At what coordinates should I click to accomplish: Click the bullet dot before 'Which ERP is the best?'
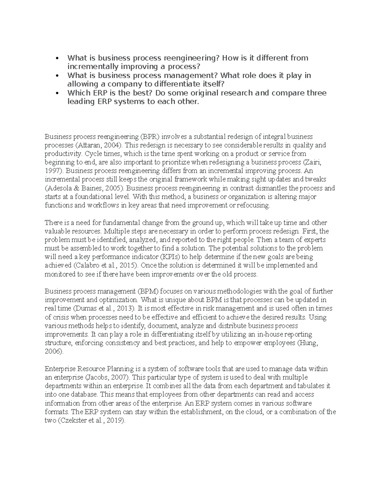click(57, 93)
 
